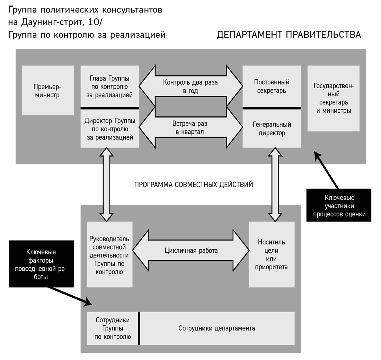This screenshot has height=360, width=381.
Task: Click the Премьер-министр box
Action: click(48, 90)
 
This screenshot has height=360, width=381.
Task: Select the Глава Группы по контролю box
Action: click(109, 87)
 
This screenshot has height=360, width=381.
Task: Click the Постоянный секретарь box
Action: click(272, 87)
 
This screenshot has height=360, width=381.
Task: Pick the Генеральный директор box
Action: click(272, 128)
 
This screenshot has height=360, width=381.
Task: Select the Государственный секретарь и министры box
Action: click(333, 98)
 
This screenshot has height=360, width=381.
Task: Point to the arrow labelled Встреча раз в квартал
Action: click(190, 127)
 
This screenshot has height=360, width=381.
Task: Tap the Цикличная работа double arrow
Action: click(191, 251)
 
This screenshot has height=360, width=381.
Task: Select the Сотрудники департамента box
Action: click(217, 328)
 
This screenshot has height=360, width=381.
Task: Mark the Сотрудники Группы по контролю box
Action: click(113, 328)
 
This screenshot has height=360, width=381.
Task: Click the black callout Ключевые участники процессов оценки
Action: click(339, 206)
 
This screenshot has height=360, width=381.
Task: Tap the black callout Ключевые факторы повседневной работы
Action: click(42, 264)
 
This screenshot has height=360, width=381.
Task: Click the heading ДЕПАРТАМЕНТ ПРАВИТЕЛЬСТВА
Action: click(289, 35)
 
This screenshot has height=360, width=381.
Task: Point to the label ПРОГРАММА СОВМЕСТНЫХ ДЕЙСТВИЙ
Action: click(194, 184)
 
